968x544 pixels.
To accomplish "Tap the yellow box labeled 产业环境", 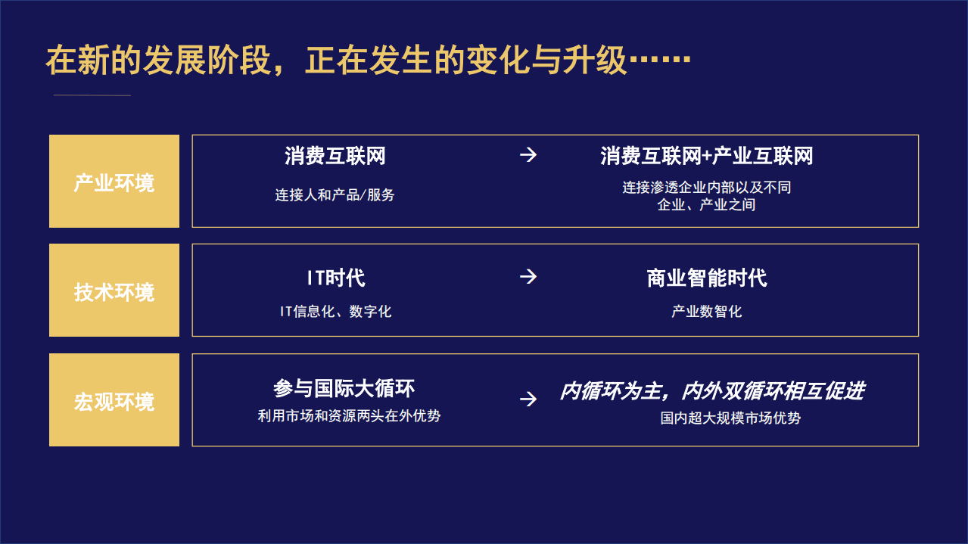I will coord(114,182).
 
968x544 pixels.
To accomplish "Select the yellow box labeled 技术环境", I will coord(114,291).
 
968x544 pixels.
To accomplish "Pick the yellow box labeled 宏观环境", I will coord(114,400).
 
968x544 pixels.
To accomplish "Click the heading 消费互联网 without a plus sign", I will coord(335,156).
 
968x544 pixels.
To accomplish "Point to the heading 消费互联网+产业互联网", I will coord(706,156).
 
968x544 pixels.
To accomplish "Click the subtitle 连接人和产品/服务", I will coord(335,194).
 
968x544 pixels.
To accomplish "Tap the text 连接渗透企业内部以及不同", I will coord(706,187).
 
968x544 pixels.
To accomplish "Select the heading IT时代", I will coord(335,278).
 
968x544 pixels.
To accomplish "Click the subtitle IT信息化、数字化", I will coord(335,311).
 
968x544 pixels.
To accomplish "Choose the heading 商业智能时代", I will coord(706,278).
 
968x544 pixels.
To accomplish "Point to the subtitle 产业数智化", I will coord(706,311).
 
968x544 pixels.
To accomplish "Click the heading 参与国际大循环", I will coord(344,389).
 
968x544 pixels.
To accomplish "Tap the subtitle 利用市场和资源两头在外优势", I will coord(349,415).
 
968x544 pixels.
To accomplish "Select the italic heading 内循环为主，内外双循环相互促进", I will coord(711,391).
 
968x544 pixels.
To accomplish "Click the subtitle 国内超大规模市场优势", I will coord(730,418).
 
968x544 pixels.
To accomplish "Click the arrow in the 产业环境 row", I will coord(528,155).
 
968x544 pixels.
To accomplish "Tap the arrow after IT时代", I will coord(528,277).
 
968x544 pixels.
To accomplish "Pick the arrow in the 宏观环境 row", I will coord(528,399).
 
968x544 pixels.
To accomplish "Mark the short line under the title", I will coord(92,95).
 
